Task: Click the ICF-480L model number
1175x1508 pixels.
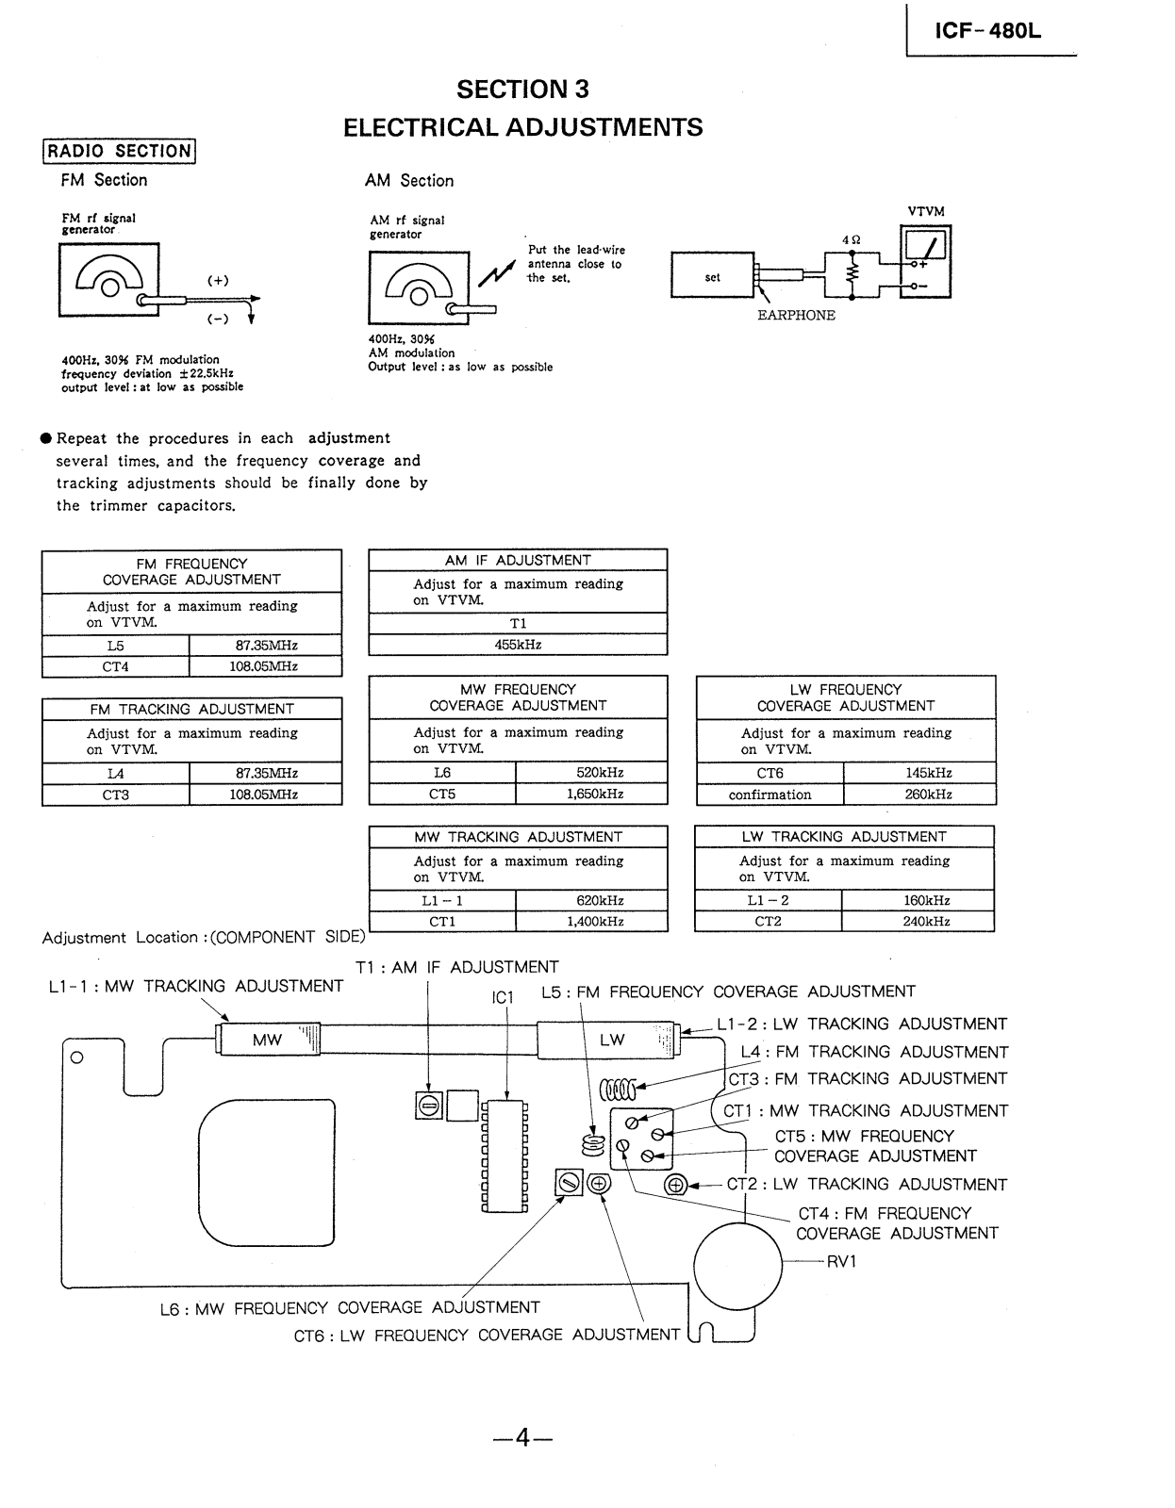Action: click(988, 30)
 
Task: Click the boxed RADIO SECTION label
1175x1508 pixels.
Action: click(119, 151)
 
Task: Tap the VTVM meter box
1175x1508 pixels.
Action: click(926, 261)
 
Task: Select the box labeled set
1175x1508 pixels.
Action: click(712, 277)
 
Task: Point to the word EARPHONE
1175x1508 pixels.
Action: click(796, 316)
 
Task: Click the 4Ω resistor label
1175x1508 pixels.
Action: click(851, 240)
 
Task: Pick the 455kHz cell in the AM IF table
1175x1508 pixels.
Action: click(518, 645)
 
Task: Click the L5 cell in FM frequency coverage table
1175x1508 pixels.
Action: click(116, 646)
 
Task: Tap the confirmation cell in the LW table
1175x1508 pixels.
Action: click(770, 795)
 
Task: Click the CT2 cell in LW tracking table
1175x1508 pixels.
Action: click(768, 922)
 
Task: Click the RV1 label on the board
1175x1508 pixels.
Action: click(841, 1262)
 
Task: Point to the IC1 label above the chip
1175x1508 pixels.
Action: click(503, 997)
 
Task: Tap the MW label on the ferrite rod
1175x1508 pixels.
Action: click(267, 1041)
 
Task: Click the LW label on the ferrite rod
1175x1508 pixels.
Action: click(612, 1041)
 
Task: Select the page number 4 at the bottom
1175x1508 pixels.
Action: click(522, 1438)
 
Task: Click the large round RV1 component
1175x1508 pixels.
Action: click(738, 1265)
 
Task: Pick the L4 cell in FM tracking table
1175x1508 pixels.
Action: click(116, 773)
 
